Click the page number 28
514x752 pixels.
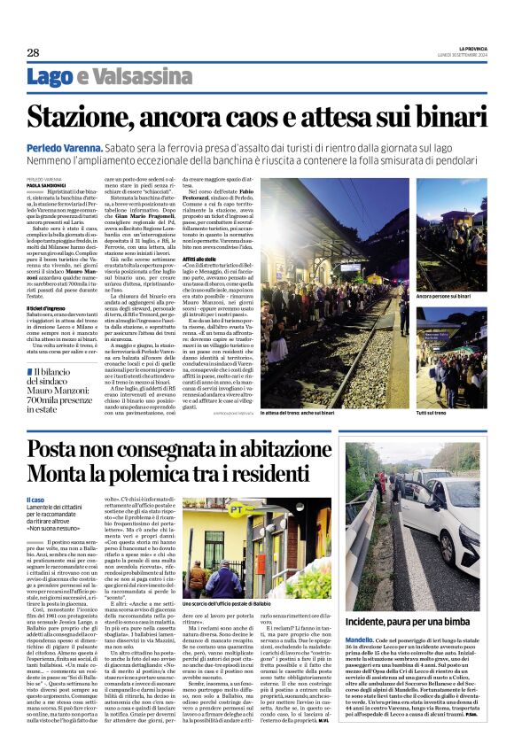pos(33,52)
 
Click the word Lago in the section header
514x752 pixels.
pos(50,77)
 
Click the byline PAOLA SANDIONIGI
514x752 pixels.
pos(44,184)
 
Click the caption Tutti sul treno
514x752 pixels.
pos(435,413)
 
